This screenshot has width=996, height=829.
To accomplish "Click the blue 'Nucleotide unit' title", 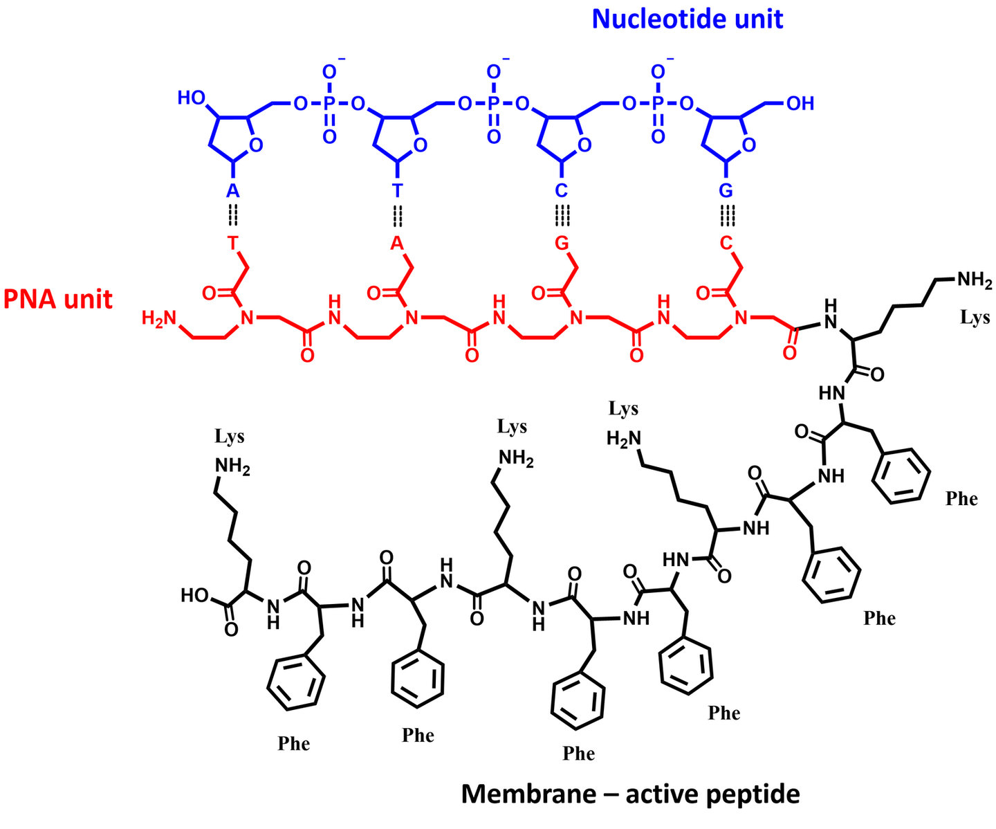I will [687, 19].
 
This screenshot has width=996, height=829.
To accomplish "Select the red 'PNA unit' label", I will [58, 299].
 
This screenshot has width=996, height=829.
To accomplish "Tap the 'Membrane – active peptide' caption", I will [630, 794].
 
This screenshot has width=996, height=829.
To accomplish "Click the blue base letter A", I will [233, 191].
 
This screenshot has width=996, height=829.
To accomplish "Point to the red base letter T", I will [233, 243].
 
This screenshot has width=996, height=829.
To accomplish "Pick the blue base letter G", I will [726, 191].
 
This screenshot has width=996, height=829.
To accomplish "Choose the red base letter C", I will [726, 243].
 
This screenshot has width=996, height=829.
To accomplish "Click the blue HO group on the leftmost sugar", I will [192, 98].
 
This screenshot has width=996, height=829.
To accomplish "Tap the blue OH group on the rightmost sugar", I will [800, 104].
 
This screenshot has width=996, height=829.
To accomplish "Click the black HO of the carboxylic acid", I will [194, 595].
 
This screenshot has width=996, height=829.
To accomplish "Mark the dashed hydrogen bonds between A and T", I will [233, 217].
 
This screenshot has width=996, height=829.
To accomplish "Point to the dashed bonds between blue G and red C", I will [726, 217].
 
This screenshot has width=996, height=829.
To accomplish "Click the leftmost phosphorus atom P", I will [329, 104].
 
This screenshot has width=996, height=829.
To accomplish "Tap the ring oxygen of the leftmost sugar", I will [256, 145].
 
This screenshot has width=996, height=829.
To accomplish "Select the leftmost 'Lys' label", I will [229, 437].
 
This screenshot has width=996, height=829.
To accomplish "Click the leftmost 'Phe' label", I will [293, 744].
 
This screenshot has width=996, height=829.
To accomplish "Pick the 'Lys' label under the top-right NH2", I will [975, 318].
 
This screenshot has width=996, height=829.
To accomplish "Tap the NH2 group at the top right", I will [974, 280].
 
